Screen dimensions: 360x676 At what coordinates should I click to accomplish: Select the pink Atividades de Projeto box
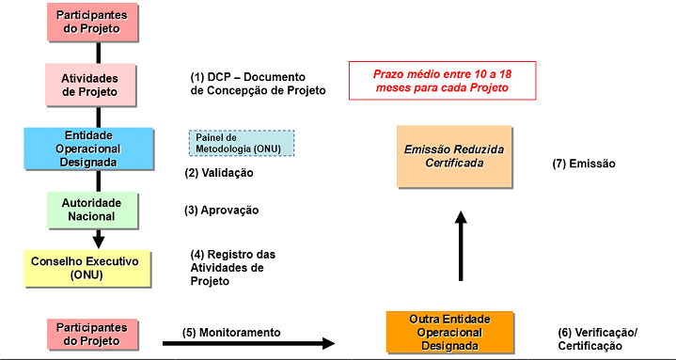click(x=89, y=85)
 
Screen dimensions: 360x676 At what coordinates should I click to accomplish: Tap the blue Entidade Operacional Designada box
click(x=89, y=148)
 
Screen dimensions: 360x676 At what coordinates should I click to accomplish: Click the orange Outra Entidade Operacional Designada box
click(x=450, y=332)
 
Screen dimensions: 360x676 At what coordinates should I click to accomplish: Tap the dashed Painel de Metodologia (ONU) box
click(x=242, y=143)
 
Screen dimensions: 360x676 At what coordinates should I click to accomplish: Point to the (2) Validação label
click(x=219, y=173)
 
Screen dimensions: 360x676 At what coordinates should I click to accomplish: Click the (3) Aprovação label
click(x=222, y=210)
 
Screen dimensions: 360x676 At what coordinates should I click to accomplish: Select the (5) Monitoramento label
click(x=232, y=332)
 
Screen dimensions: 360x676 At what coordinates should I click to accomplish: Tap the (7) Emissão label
click(x=584, y=163)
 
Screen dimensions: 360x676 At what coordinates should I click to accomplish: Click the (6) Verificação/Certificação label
click(x=598, y=339)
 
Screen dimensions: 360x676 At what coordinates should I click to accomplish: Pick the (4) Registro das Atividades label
click(x=232, y=268)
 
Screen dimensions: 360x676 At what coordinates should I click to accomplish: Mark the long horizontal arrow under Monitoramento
click(x=258, y=344)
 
